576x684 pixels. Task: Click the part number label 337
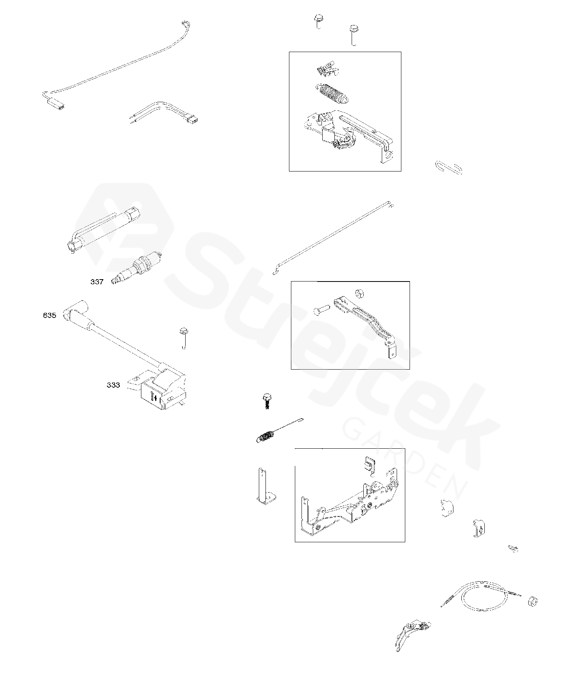[97, 282]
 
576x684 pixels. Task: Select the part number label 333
[113, 385]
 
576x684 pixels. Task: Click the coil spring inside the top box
[331, 94]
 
